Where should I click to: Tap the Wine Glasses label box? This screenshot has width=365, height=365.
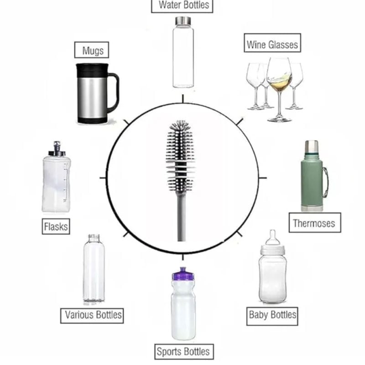[x=272, y=43]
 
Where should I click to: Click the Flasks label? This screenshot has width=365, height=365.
[x=56, y=226]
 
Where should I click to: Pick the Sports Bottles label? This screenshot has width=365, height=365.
[x=183, y=351]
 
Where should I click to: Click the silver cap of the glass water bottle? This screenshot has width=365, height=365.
[x=183, y=21]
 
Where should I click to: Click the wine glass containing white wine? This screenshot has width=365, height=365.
[x=279, y=89]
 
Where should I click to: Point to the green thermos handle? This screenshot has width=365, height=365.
[x=325, y=182]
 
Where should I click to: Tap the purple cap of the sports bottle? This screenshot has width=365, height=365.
[x=183, y=274]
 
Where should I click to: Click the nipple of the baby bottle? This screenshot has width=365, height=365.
[x=272, y=237]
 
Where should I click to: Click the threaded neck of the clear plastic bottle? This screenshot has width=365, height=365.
[x=94, y=238]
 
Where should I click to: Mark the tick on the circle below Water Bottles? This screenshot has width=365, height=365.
[x=183, y=99]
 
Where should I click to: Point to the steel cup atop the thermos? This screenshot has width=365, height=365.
[x=312, y=146]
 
